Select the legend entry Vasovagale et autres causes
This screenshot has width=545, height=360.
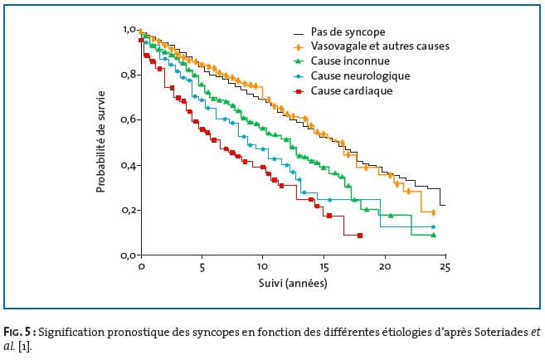click(x=381, y=46)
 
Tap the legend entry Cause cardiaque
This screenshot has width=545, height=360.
click(x=351, y=90)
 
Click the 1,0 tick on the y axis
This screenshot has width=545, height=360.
click(x=129, y=30)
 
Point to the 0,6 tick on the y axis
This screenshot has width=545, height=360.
click(x=129, y=120)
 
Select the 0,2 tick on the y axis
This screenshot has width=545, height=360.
click(x=129, y=211)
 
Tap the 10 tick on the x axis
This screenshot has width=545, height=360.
click(x=262, y=268)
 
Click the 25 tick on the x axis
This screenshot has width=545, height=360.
click(x=445, y=268)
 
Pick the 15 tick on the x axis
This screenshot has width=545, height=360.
click(x=323, y=268)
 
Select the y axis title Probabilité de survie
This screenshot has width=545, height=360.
click(x=101, y=142)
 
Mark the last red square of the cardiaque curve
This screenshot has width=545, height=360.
click(x=360, y=236)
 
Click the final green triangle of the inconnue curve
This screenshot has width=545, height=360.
click(x=434, y=235)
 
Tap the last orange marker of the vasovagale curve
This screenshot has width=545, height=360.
click(x=434, y=212)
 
